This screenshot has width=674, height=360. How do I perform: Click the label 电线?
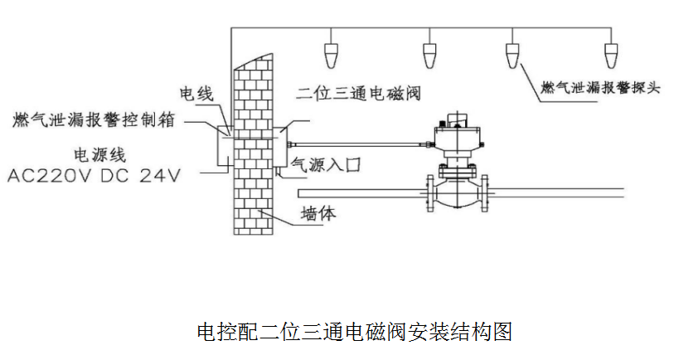coord(196,93)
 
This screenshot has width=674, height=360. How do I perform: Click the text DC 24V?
coord(148,176)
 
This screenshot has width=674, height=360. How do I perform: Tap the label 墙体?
coord(319,214)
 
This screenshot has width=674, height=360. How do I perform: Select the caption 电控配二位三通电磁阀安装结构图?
coord(354,332)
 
